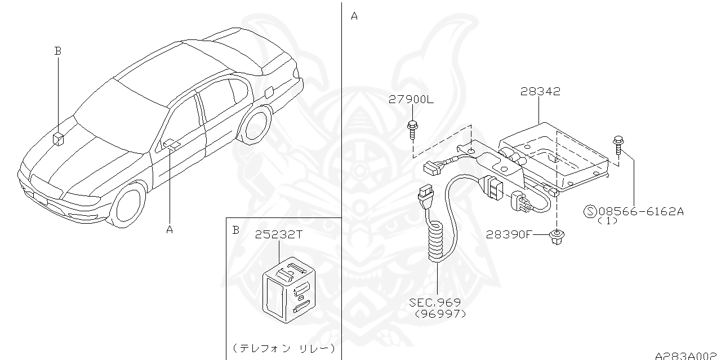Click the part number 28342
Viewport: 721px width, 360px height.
541,92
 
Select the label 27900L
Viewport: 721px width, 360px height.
411,100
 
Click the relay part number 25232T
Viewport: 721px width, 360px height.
279,235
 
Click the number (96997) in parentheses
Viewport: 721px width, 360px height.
440,314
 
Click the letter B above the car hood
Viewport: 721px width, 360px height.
57,51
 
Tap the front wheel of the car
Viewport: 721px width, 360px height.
128,204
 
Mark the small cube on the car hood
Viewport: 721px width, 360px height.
59,138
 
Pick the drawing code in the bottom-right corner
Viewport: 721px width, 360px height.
687,355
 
